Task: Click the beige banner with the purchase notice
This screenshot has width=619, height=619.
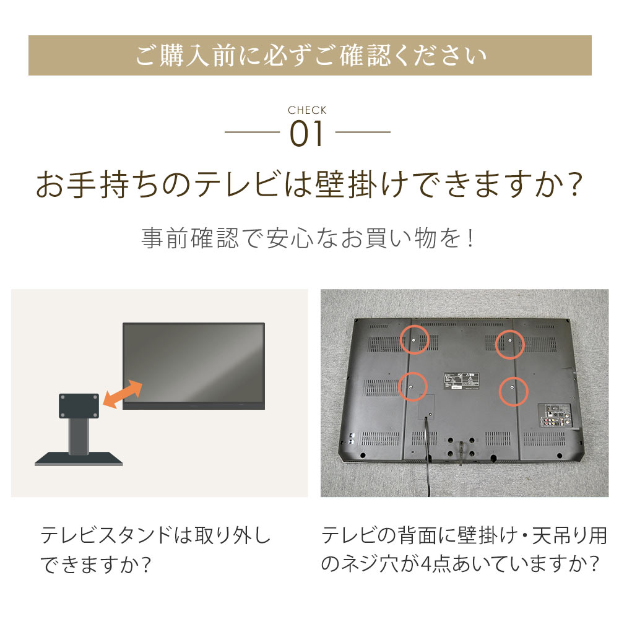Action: [310, 55]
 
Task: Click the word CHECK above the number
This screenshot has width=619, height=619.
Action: [307, 110]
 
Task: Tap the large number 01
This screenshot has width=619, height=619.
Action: [307, 134]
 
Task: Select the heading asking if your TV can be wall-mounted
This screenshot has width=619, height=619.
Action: [309, 184]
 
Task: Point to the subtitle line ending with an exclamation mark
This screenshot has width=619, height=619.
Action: [308, 238]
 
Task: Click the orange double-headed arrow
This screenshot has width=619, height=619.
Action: [123, 394]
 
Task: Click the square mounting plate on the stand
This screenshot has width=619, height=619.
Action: [79, 405]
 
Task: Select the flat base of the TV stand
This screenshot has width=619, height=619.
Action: [79, 459]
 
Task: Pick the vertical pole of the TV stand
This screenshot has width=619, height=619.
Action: [79, 435]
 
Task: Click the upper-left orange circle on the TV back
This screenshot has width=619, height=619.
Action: [415, 340]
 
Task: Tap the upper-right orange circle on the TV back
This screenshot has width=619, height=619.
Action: [509, 344]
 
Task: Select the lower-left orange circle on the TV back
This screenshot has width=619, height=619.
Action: [412, 387]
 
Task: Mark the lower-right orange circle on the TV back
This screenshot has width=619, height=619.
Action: [513, 392]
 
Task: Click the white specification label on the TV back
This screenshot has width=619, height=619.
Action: [462, 381]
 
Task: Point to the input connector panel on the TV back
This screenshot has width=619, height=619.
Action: [556, 416]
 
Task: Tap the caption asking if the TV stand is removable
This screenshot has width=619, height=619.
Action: [155, 550]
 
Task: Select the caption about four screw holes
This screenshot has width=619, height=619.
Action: [464, 549]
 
